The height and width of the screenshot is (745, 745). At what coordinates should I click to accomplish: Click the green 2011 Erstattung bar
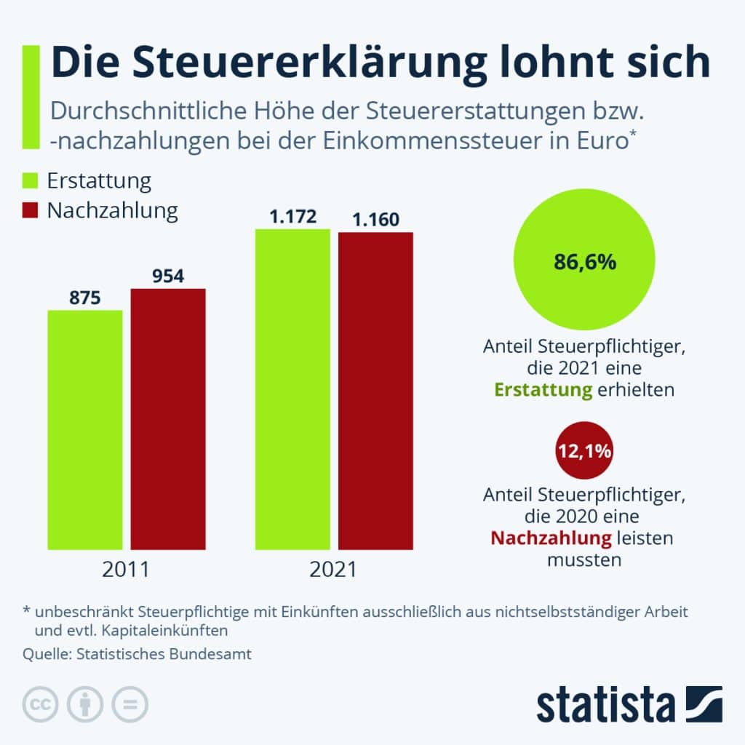click(x=85, y=429)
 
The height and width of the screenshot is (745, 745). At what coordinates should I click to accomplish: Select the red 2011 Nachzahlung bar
click(x=168, y=418)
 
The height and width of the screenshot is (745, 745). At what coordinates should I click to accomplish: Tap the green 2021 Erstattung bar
click(x=292, y=389)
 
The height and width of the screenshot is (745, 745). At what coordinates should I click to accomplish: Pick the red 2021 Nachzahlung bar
click(x=375, y=391)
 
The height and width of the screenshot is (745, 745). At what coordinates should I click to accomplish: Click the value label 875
click(x=85, y=298)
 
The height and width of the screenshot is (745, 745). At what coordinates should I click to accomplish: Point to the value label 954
click(x=168, y=276)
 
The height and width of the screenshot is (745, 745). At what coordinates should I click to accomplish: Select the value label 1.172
click(x=292, y=217)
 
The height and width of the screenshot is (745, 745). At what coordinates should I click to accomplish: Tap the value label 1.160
click(x=375, y=219)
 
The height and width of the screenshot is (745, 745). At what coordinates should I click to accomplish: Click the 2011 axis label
click(x=126, y=568)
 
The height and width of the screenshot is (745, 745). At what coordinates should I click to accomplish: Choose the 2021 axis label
click(x=333, y=568)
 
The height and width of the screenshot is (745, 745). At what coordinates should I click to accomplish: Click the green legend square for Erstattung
click(x=30, y=181)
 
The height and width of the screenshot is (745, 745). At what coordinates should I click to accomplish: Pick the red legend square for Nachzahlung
click(x=30, y=211)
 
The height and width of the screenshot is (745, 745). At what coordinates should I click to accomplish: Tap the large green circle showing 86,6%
click(x=584, y=262)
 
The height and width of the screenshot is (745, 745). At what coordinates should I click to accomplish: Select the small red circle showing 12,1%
click(x=584, y=453)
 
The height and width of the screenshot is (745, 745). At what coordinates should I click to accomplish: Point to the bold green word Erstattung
click(x=543, y=389)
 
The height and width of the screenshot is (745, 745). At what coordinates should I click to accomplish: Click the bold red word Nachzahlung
click(x=550, y=538)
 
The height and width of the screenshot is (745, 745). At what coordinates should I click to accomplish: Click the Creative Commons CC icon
click(x=41, y=704)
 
